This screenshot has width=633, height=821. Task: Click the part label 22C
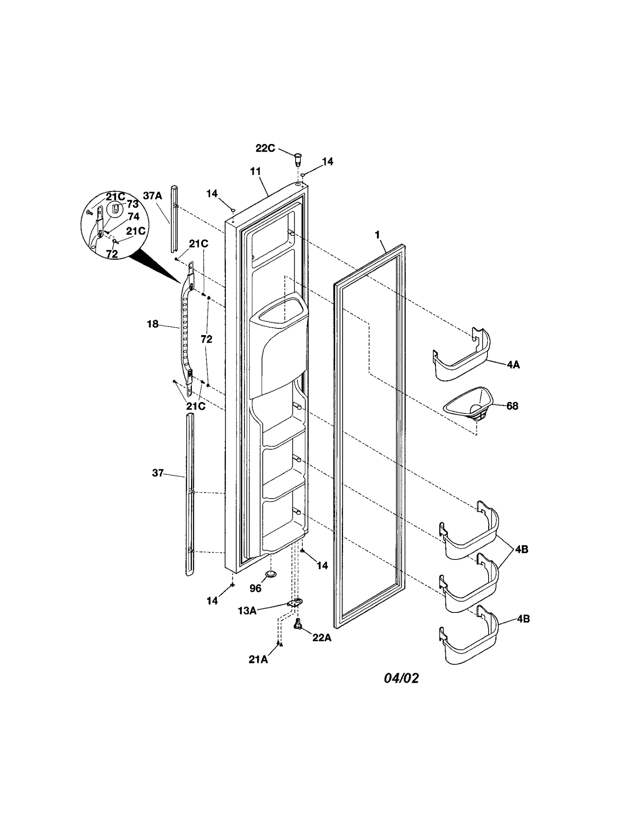click(265, 148)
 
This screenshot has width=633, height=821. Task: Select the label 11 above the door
click(255, 171)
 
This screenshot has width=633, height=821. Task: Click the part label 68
click(512, 406)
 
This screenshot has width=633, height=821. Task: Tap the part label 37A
click(152, 195)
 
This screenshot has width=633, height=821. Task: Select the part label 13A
click(247, 611)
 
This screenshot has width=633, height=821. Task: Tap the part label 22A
click(322, 637)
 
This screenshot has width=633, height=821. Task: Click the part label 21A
click(258, 660)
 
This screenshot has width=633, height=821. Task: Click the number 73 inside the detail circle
click(133, 204)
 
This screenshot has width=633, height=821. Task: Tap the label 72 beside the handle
click(206, 339)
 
